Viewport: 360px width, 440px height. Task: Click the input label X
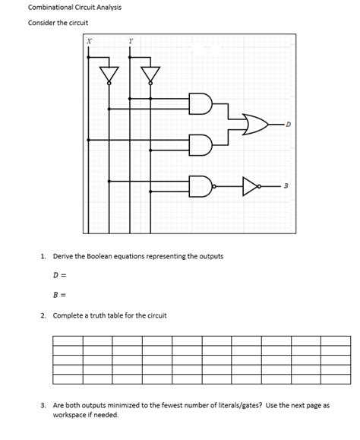click(x=90, y=43)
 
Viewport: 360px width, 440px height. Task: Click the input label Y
click(x=131, y=43)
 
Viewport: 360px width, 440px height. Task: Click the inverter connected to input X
click(x=110, y=74)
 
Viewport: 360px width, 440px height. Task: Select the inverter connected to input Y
click(x=151, y=74)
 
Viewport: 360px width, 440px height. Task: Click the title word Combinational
click(x=52, y=7)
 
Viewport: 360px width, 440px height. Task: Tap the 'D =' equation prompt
click(x=59, y=275)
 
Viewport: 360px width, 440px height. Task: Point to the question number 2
click(x=44, y=315)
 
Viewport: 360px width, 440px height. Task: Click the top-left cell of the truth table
click(x=68, y=340)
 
